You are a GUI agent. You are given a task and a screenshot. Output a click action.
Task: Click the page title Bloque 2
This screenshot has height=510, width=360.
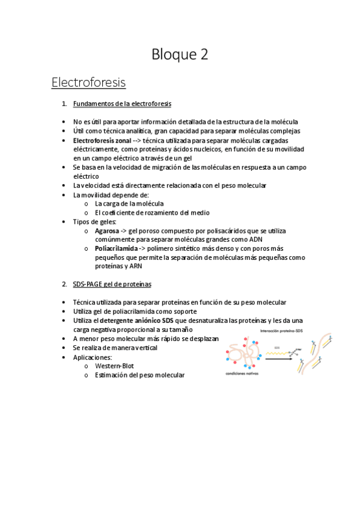pos(180,54)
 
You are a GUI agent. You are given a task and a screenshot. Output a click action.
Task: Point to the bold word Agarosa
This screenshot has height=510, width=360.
pos(106,230)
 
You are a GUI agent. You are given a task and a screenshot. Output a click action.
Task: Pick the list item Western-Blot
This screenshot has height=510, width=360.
pos(115,366)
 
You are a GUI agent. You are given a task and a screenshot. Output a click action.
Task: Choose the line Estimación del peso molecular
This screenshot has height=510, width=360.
pos(139,375)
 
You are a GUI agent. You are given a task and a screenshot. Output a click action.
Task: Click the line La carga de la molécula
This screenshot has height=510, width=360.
pos(129,203)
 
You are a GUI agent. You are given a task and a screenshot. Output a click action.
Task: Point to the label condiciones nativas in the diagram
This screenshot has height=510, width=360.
pos(242,373)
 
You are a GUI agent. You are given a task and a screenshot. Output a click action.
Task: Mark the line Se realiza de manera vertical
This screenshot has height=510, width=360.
pos(115,348)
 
